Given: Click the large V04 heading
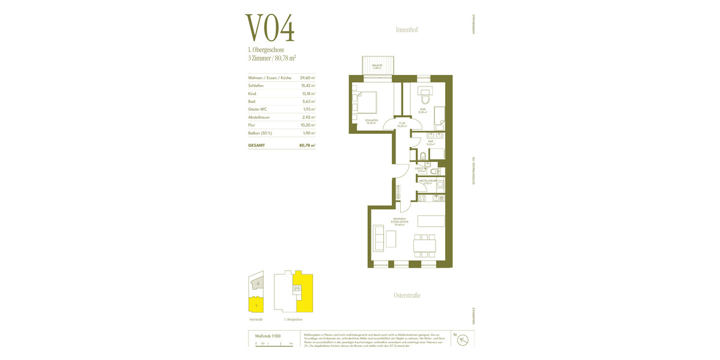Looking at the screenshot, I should tap(270, 28).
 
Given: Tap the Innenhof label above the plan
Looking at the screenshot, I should tap(407, 29).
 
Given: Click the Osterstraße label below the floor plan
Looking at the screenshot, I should tap(407, 295).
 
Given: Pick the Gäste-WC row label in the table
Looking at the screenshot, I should tap(257, 109).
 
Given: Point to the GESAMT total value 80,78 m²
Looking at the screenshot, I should tap(307, 145).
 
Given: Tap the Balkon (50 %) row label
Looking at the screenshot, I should tap(260, 133).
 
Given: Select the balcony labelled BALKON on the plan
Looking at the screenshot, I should tap(377, 65).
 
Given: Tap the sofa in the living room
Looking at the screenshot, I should tap(379, 238).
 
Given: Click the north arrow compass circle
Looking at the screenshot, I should tap(463, 340).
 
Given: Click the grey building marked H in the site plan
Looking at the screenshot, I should tap(257, 283).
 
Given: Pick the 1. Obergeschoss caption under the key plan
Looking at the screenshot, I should tap(293, 320).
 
